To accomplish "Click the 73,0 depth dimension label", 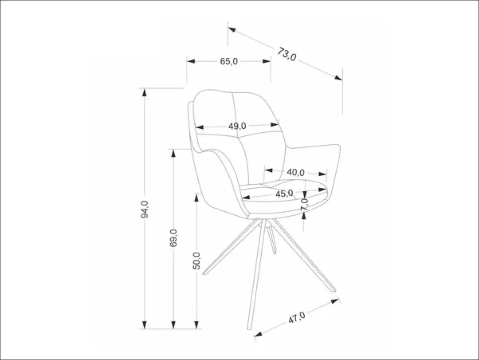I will pyautogui.click(x=287, y=55).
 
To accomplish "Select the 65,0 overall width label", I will pyautogui.click(x=229, y=62).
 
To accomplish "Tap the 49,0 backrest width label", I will pyautogui.click(x=237, y=126).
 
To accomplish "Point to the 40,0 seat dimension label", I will pyautogui.click(x=295, y=172).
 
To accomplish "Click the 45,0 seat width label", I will pyautogui.click(x=284, y=194).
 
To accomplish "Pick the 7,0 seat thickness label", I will pyautogui.click(x=304, y=205).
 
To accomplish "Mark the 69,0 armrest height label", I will pyautogui.click(x=173, y=238).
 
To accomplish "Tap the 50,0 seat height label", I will pyautogui.click(x=197, y=261).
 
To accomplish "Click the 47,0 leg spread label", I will pyautogui.click(x=296, y=318).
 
